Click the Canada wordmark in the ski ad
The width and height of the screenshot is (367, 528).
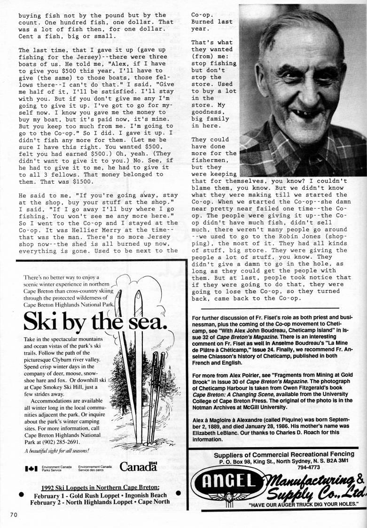[138, 466]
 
